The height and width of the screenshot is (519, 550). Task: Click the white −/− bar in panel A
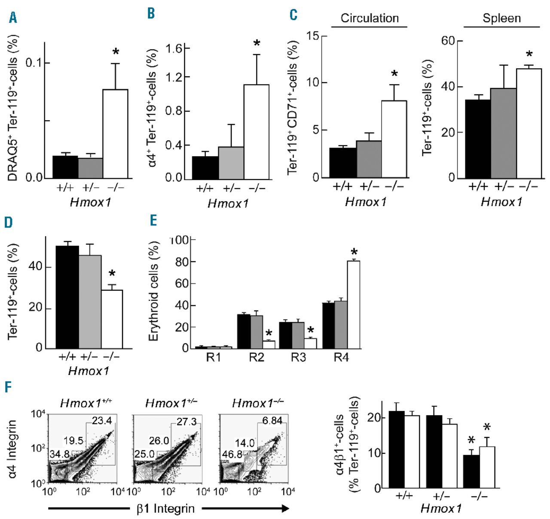pos(115,133)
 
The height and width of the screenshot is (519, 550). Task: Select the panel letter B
pos(151,13)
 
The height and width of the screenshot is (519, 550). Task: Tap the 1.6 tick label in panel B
pos(175,48)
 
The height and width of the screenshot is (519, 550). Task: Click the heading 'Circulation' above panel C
pos(370,18)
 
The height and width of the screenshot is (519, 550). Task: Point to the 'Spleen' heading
pos(501,18)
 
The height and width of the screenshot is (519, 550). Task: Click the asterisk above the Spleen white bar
pos(529,55)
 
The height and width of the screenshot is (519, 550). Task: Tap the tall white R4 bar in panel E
pos(353,305)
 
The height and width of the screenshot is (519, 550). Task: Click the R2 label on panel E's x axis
pos(257,357)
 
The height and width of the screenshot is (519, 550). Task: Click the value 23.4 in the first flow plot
pos(102,421)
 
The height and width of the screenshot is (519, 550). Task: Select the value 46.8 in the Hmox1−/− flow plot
pos(232,454)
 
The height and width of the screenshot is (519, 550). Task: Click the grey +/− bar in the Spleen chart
pos(503,133)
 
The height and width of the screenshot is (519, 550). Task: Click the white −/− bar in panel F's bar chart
pos(487,467)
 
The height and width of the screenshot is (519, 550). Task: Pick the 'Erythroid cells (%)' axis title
pos(154,292)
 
